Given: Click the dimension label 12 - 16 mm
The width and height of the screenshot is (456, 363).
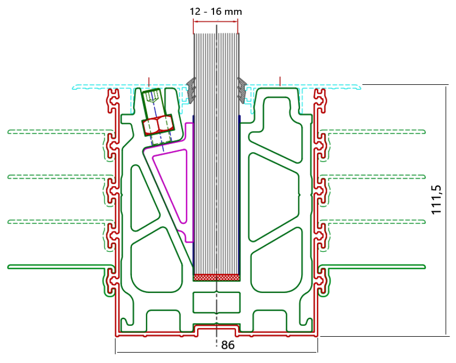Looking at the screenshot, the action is [216, 11].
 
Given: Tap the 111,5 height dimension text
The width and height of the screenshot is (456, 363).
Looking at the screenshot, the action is [436, 200].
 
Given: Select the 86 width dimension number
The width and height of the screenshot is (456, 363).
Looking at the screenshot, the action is [228, 345].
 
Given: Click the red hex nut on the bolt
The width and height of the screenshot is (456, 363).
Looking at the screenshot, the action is [158, 125].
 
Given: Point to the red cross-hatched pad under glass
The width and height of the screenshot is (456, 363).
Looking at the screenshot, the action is [217, 278].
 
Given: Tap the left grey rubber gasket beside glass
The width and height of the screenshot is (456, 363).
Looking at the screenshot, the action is [191, 90].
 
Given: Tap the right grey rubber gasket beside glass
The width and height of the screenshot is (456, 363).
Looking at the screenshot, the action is [242, 90].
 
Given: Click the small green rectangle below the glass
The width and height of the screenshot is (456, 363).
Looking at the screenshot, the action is [217, 303].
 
